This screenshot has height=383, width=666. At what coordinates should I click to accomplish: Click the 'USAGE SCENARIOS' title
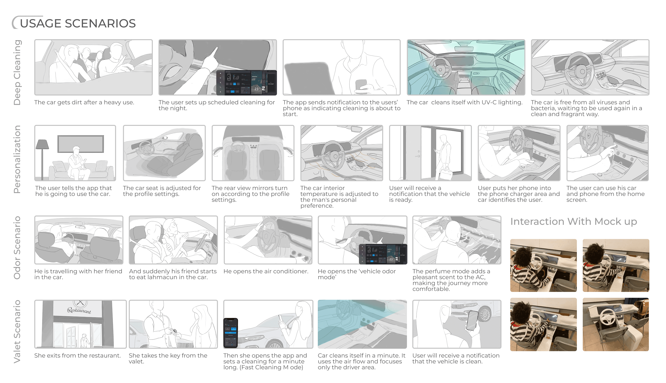(x=78, y=24)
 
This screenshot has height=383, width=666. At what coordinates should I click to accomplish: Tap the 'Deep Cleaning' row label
(x=17, y=72)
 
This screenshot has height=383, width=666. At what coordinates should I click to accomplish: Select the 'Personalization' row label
(x=17, y=159)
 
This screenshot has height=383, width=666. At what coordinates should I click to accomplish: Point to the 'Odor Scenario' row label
(x=17, y=248)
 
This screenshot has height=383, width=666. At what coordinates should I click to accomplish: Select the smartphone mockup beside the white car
(x=231, y=333)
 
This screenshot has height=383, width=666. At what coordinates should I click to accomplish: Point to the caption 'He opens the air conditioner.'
(x=266, y=271)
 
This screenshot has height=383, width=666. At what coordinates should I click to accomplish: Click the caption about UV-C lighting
(x=464, y=102)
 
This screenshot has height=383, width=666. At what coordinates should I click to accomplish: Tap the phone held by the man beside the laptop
(x=361, y=85)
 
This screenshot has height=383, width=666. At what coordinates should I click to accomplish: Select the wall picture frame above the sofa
(x=81, y=144)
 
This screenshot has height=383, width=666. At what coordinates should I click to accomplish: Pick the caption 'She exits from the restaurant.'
(x=78, y=356)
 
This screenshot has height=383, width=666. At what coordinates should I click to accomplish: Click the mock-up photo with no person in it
(x=616, y=324)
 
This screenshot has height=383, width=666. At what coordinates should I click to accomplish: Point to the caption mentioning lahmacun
(x=173, y=274)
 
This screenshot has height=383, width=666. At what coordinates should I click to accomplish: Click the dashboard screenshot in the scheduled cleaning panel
(x=246, y=83)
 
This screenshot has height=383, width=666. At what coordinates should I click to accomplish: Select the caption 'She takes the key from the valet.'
(x=168, y=358)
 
